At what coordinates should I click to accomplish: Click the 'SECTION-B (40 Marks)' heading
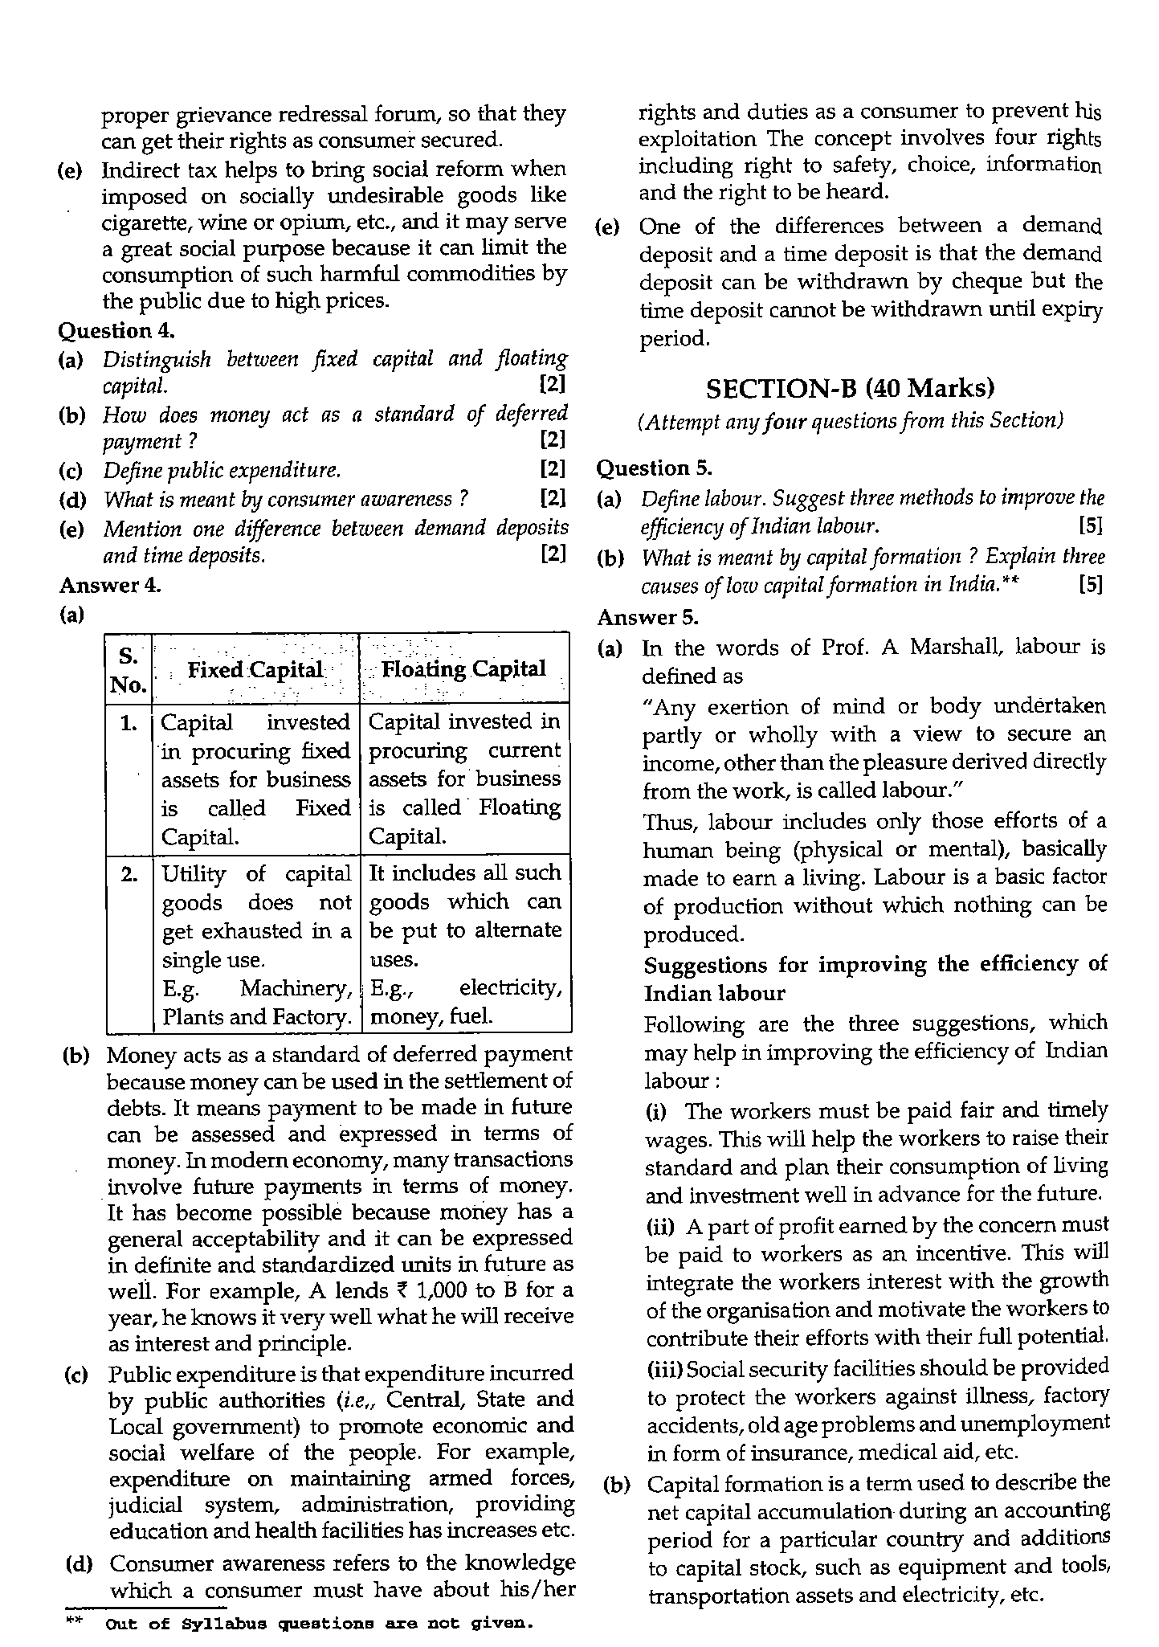tap(849, 389)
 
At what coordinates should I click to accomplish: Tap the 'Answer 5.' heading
tap(647, 617)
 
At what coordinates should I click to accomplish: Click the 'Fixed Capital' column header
tap(255, 670)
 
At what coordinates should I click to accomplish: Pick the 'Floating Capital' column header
tap(463, 669)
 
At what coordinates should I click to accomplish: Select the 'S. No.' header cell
tap(128, 670)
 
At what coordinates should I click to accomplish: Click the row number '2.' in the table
tap(129, 875)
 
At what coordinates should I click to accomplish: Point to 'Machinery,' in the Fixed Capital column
tap(296, 989)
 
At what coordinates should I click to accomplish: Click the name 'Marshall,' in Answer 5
tap(956, 648)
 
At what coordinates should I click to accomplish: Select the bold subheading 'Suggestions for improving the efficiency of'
tap(875, 964)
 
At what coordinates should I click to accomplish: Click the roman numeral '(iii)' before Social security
tap(666, 1368)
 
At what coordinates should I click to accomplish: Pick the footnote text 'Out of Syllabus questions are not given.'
tap(319, 1624)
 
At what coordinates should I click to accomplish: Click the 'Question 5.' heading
tap(654, 468)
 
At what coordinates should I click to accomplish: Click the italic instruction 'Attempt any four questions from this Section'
tap(851, 420)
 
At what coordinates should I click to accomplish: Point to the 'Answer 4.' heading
tap(109, 585)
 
